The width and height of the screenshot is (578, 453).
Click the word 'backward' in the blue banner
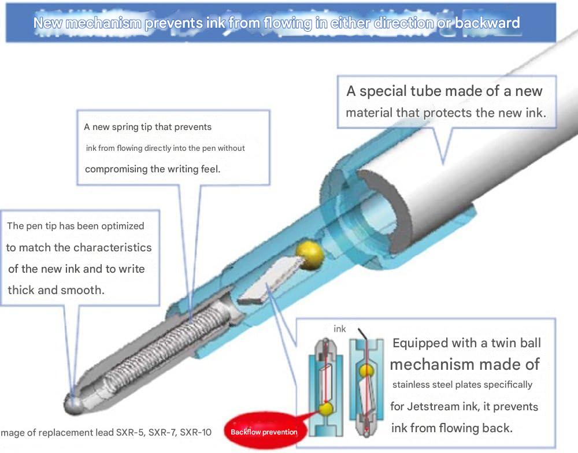tap(487, 23)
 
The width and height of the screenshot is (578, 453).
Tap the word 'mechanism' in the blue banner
tap(103, 23)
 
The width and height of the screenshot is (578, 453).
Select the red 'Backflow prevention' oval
tap(264, 432)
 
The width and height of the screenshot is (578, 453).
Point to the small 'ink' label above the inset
tap(339, 328)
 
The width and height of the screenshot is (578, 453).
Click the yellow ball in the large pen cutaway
tap(310, 254)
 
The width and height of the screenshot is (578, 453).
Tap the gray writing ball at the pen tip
tap(73, 404)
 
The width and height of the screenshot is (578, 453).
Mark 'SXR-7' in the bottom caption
tap(161, 432)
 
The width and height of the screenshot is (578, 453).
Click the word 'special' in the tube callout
tap(382, 91)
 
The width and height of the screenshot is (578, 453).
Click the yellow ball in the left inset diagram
tap(326, 409)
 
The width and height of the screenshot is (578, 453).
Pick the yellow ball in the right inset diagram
tap(367, 370)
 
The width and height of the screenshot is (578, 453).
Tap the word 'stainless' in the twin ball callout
tap(409, 384)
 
